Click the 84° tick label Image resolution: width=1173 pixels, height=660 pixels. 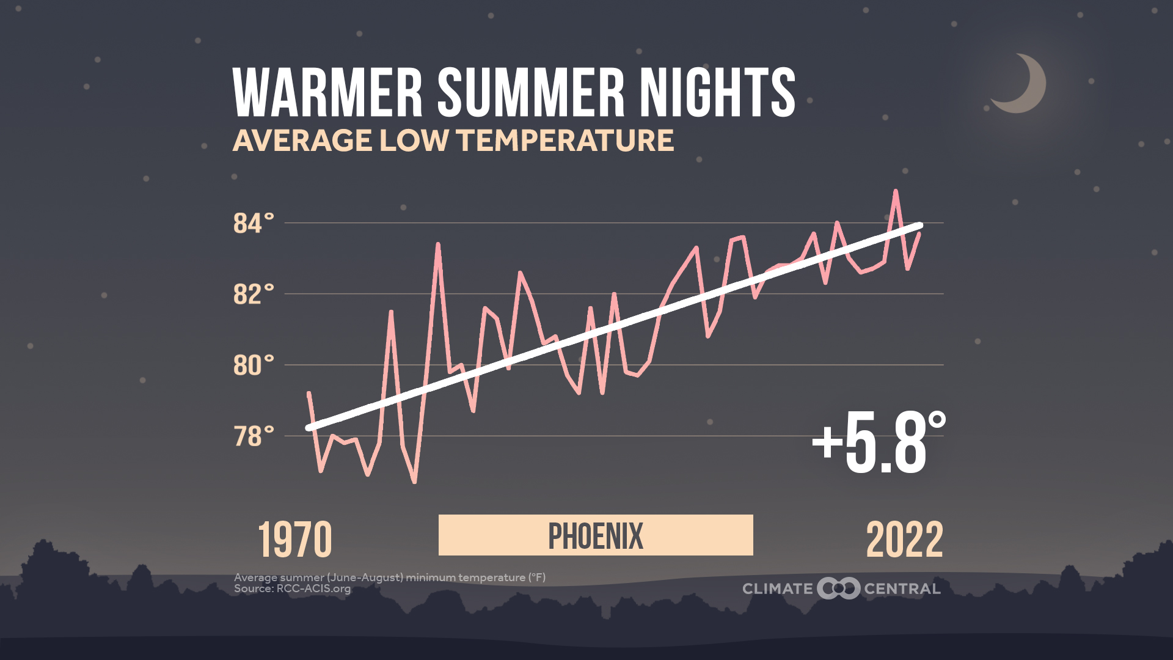[253, 224]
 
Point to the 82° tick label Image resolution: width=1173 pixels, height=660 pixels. [253, 295]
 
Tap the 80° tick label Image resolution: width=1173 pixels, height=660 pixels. [253, 365]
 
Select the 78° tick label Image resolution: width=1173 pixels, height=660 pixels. [253, 437]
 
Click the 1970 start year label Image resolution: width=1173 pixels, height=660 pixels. [295, 540]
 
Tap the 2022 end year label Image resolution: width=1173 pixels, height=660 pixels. [904, 540]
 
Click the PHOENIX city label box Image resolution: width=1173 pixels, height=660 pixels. [596, 535]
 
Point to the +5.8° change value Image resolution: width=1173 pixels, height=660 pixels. [879, 443]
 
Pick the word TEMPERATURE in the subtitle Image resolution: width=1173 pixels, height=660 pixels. [565, 141]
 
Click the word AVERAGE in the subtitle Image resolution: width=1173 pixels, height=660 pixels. [302, 141]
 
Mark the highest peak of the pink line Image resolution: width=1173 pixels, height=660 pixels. [896, 191]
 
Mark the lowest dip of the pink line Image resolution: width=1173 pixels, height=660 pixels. [414, 482]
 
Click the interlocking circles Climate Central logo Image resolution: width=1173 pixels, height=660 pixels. [838, 588]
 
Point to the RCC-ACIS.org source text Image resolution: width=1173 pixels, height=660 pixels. [313, 589]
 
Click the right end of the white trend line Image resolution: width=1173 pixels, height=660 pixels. [919, 226]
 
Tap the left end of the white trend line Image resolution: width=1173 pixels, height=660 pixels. [310, 427]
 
